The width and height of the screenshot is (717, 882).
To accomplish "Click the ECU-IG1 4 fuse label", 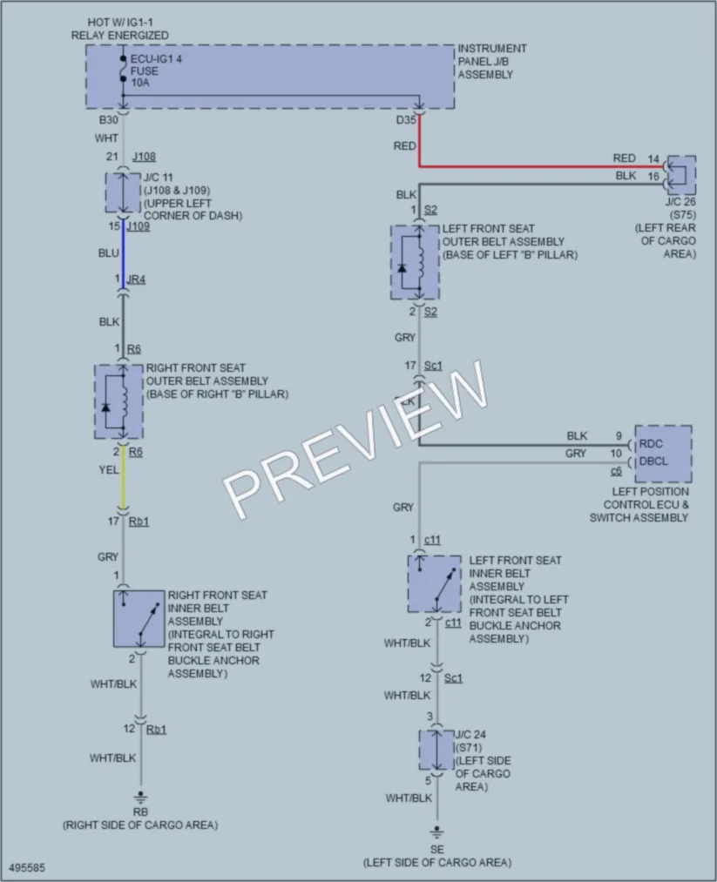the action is [x=156, y=71].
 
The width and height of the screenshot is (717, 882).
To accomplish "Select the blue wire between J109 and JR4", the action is [x=123, y=255].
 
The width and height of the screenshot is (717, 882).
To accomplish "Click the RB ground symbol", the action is [x=140, y=798].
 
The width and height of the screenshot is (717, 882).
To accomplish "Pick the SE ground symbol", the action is [x=436, y=832].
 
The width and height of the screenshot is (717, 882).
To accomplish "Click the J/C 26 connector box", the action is [x=681, y=175].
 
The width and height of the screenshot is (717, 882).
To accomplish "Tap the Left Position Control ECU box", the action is [x=663, y=454].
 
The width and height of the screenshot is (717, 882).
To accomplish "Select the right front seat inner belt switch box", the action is [x=139, y=618].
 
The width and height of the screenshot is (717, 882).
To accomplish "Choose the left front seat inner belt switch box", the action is [x=435, y=584].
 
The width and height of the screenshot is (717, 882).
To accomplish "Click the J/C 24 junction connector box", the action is [x=436, y=750].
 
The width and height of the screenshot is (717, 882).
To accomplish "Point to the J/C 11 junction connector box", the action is [x=123, y=193].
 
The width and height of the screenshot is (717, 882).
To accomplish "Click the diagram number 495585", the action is [x=27, y=867].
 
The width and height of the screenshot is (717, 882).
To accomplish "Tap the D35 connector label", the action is [x=406, y=120].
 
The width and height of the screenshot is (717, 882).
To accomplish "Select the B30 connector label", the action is [x=109, y=120].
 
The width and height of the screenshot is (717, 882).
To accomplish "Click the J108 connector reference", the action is [x=144, y=157].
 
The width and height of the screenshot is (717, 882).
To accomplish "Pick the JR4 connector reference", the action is [x=136, y=279].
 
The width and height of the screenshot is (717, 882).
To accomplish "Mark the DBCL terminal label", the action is [x=653, y=461].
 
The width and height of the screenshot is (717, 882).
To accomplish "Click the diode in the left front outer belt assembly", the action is [x=402, y=268].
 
